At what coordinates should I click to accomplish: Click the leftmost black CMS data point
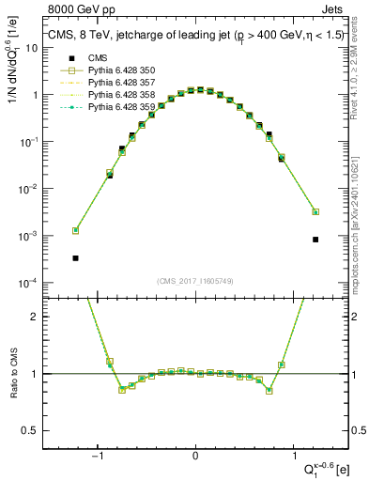(75, 257)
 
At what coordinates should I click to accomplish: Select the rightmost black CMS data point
(315, 240)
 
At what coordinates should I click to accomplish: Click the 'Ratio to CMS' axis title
(14, 374)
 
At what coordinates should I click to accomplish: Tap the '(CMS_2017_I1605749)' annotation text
(195, 281)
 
